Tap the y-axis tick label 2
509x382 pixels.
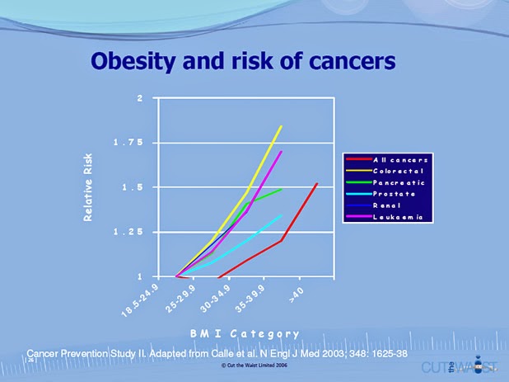(x=140, y=99)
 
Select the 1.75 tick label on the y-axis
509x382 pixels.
(x=128, y=144)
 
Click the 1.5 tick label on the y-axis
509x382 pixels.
(x=132, y=188)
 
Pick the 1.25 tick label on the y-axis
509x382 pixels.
(x=128, y=233)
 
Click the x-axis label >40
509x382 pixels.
(x=297, y=295)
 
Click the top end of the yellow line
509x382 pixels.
(x=282, y=126)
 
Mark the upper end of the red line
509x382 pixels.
(x=317, y=183)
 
